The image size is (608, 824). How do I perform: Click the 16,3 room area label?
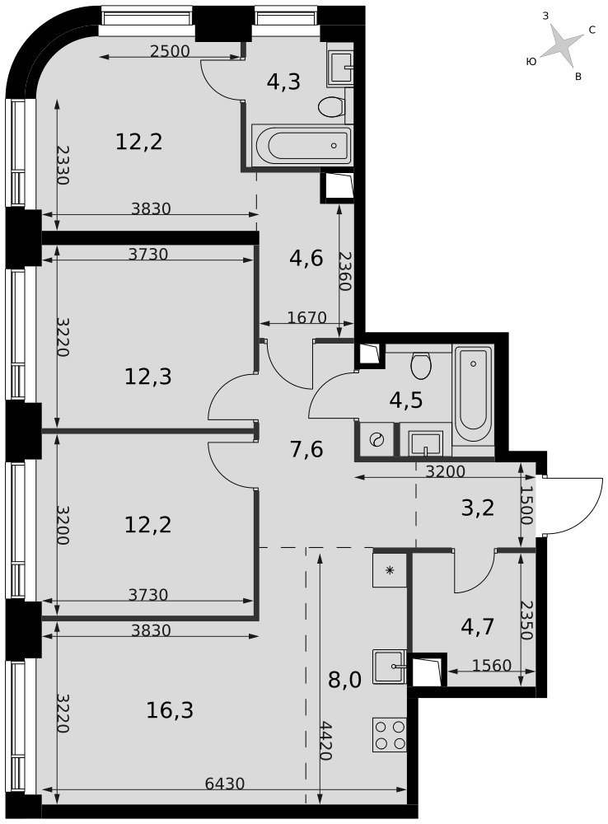(171, 710)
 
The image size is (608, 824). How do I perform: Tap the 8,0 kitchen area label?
(344, 681)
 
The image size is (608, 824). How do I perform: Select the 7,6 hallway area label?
(306, 450)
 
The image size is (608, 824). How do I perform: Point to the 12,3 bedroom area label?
(148, 377)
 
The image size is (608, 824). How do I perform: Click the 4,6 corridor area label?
(306, 259)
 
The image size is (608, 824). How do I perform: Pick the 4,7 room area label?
(478, 627)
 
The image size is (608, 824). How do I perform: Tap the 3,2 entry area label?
(478, 508)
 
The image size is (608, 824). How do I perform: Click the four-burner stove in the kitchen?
(390, 735)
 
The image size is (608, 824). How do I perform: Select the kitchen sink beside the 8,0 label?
(390, 667)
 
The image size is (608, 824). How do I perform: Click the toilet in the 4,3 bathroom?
(331, 107)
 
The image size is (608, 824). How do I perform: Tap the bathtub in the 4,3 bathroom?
(302, 145)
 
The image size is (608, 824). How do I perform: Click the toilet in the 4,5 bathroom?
(422, 365)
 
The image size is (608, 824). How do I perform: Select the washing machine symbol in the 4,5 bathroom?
(376, 439)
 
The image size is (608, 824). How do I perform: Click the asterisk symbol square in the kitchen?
(390, 569)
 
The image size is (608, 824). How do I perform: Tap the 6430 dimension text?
(225, 784)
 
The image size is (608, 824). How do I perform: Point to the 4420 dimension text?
(325, 742)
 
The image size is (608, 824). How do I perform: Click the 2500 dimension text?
(169, 51)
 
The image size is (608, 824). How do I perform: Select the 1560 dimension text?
(491, 665)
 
